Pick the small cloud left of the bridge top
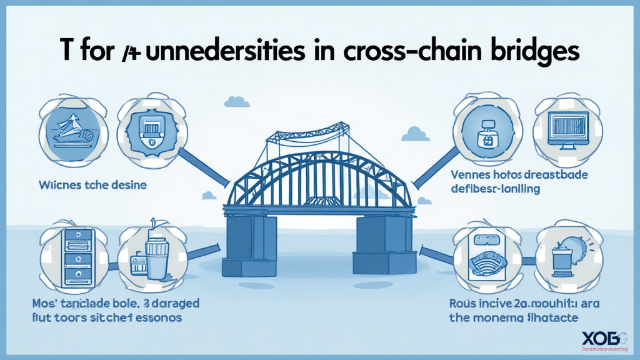(237, 101)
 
